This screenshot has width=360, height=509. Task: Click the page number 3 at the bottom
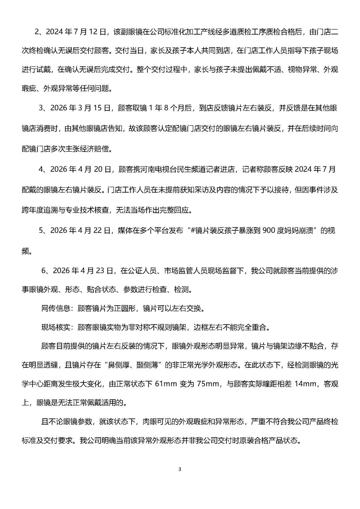coord(180,469)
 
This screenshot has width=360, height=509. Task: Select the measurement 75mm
coord(208,384)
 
